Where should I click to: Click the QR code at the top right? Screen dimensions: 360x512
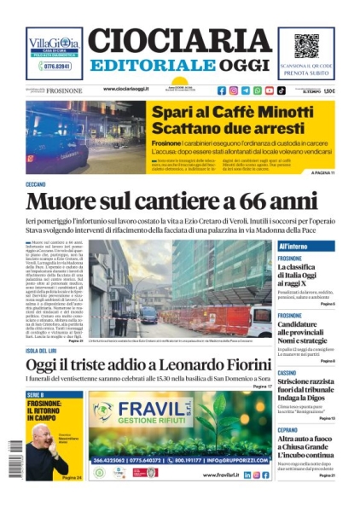(306, 46)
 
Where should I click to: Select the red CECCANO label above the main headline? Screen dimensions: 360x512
(36, 184)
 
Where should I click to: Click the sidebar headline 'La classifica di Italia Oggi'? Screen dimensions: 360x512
(307, 272)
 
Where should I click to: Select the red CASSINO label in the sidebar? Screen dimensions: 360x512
(287, 374)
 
